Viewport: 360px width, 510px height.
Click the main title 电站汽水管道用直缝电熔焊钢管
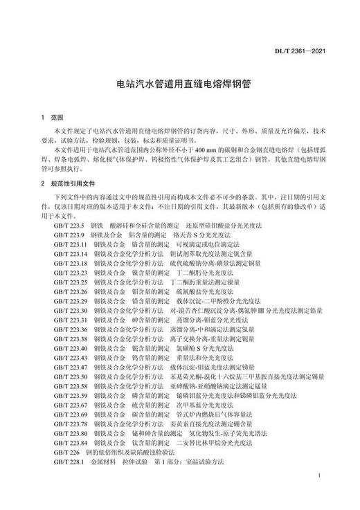180,82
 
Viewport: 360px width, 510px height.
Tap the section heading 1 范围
52,118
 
